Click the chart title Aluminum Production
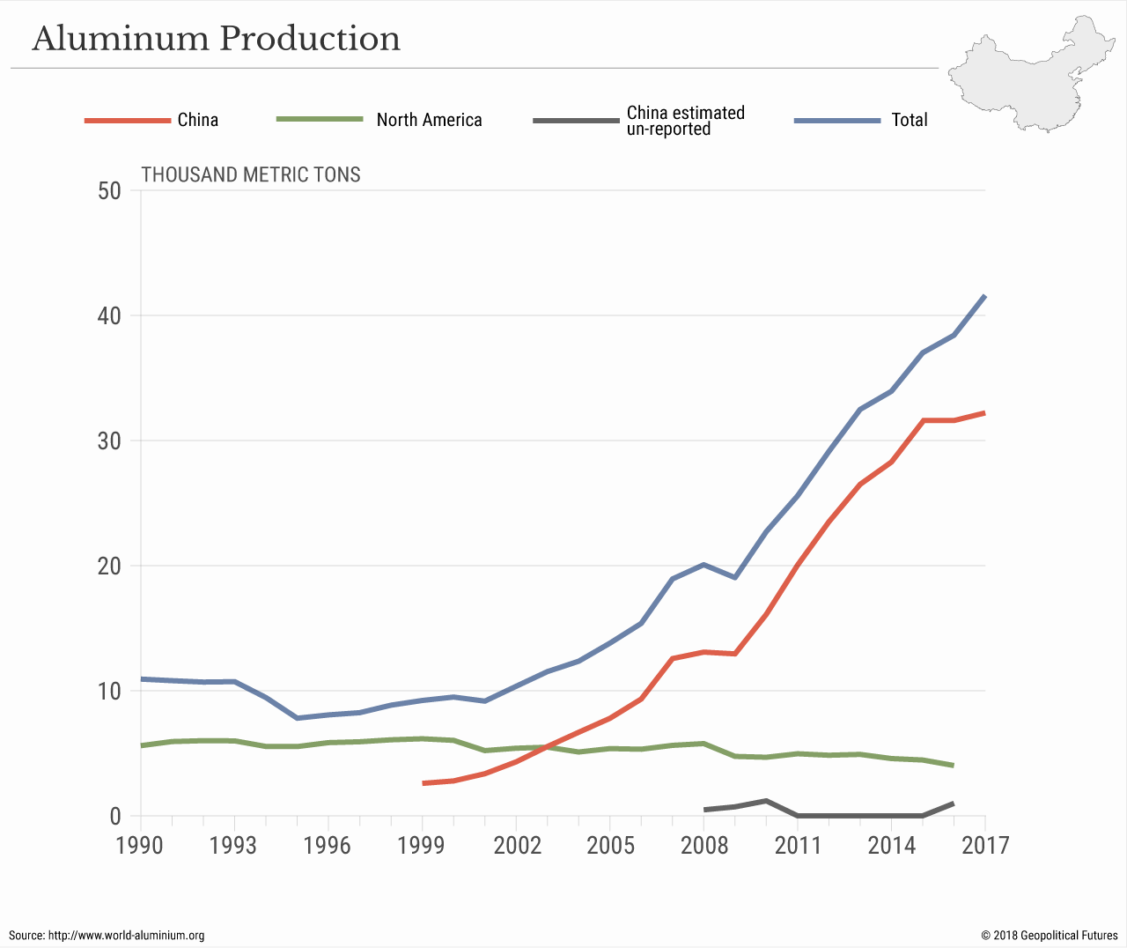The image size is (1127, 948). (x=217, y=39)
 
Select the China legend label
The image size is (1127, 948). (x=197, y=120)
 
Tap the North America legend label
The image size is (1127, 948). (x=429, y=120)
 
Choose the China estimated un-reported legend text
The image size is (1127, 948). (x=685, y=121)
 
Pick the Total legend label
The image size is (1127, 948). (x=909, y=120)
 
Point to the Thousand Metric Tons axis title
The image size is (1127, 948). (x=251, y=174)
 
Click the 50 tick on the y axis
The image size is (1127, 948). (x=110, y=190)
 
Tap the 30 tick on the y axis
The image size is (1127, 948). (x=110, y=441)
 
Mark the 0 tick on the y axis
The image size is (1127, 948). (x=115, y=816)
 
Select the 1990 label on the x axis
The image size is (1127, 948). (x=140, y=846)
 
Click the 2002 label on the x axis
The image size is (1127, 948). (x=517, y=846)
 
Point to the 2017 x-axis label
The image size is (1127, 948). (x=985, y=846)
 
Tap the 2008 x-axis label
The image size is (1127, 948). (x=704, y=846)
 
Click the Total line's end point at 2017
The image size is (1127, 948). (x=984, y=296)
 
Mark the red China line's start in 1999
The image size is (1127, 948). (x=424, y=782)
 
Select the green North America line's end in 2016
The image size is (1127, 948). (x=954, y=766)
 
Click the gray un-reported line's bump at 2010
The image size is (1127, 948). (x=766, y=801)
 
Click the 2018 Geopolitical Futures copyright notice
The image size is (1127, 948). (x=1050, y=935)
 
